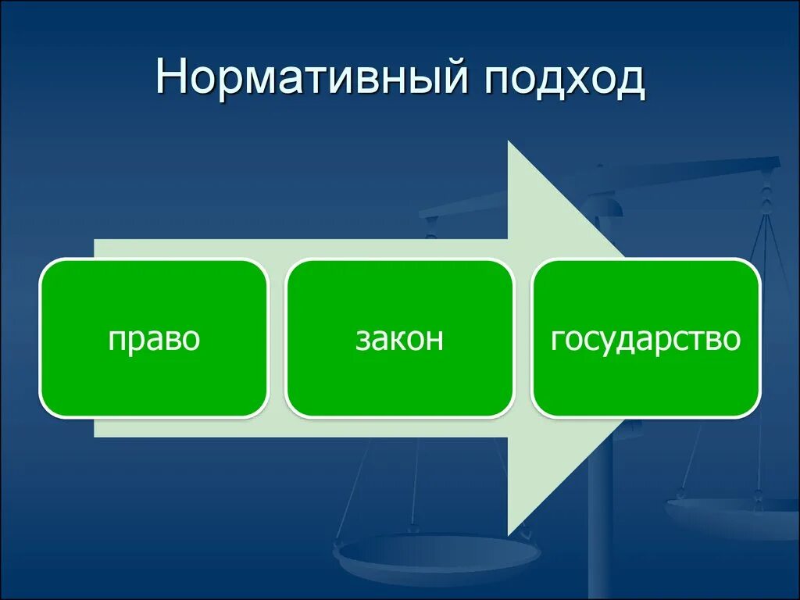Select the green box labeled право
pyautogui.click(x=154, y=338)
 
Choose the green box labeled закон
pyautogui.click(x=400, y=338)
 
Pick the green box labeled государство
pyautogui.click(x=646, y=338)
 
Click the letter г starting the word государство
pyautogui.click(x=557, y=341)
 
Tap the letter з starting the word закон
pyautogui.click(x=361, y=341)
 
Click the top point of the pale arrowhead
pyautogui.click(x=509, y=142)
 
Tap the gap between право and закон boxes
pyautogui.click(x=277, y=338)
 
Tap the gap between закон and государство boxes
pyautogui.click(x=523, y=338)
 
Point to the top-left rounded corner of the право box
pyautogui.click(x=48, y=267)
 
